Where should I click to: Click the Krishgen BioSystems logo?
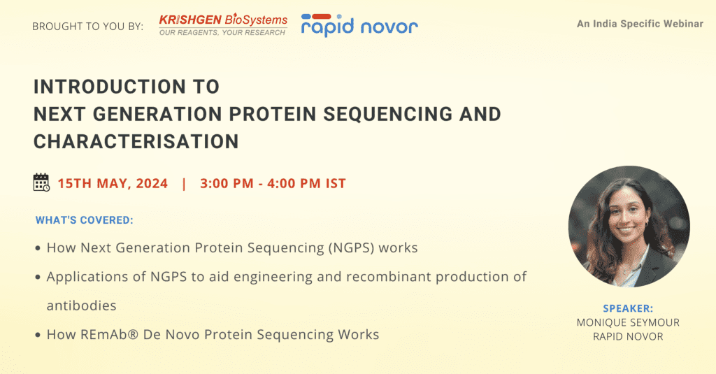(x=223, y=24)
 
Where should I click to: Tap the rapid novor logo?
(x=359, y=25)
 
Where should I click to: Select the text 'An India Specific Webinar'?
(x=640, y=24)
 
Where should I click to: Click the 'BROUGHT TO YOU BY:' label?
(x=87, y=27)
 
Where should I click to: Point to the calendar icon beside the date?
(x=41, y=182)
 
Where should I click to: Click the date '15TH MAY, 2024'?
(x=113, y=184)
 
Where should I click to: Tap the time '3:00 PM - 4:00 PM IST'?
(x=273, y=184)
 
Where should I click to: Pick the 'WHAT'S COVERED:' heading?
(x=85, y=220)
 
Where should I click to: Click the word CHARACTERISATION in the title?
(x=136, y=142)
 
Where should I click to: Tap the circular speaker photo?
(x=629, y=226)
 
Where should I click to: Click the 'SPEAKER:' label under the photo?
(x=628, y=309)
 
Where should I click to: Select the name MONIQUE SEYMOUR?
(x=628, y=323)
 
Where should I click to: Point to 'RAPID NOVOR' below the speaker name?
(x=628, y=336)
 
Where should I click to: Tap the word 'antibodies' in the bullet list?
(x=81, y=305)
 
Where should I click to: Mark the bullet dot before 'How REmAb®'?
(x=38, y=335)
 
